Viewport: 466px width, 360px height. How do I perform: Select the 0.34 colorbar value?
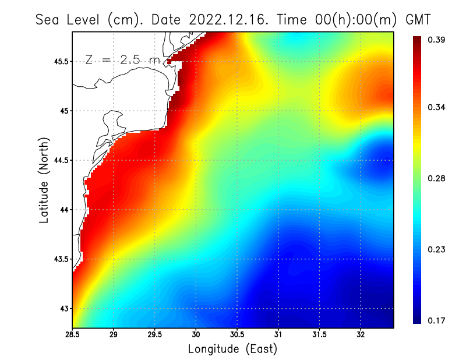tap(437, 107)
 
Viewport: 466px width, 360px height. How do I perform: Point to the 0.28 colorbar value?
tap(437, 178)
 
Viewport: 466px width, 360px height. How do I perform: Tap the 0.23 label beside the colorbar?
tap(437, 249)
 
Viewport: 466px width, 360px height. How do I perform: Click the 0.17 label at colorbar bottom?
tap(437, 320)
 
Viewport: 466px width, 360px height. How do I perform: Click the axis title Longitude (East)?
tap(232, 349)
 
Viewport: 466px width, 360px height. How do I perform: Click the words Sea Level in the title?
tap(68, 19)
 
